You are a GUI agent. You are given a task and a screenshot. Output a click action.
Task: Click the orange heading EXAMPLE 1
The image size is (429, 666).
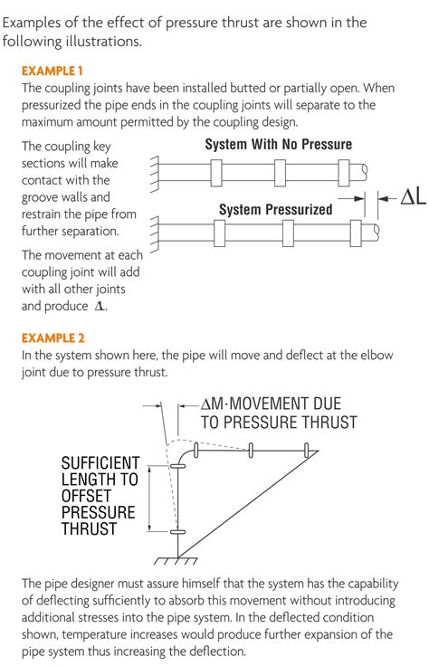52,71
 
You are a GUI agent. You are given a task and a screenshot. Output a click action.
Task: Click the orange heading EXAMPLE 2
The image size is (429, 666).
53,338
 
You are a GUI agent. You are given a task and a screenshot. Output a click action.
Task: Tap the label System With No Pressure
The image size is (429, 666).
278,145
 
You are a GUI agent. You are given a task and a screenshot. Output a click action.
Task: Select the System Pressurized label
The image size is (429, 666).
276,209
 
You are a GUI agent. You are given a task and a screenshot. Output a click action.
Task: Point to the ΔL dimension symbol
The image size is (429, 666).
414,197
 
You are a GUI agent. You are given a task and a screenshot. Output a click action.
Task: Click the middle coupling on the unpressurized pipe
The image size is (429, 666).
280,173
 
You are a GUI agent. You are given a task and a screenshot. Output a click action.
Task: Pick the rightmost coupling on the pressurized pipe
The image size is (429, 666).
356,233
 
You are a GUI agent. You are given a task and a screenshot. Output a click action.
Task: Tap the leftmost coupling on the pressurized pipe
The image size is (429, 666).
219,233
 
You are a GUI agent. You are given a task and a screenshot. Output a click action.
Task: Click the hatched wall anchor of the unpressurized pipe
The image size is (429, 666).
154,174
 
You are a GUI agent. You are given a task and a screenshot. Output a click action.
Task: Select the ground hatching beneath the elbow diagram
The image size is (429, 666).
176,561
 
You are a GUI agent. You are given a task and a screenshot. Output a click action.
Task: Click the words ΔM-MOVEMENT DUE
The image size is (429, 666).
271,404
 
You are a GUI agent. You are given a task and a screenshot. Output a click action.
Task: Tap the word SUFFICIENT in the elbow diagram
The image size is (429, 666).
100,462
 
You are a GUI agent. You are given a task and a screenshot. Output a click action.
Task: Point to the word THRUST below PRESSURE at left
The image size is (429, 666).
89,529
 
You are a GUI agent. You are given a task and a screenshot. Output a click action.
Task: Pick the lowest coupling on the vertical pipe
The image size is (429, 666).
177,531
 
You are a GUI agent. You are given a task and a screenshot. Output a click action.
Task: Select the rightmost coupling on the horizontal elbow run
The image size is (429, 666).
306,450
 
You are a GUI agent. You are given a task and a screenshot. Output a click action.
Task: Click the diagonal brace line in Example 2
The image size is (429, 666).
248,504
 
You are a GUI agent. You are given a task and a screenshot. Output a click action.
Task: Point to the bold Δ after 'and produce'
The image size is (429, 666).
100,306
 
